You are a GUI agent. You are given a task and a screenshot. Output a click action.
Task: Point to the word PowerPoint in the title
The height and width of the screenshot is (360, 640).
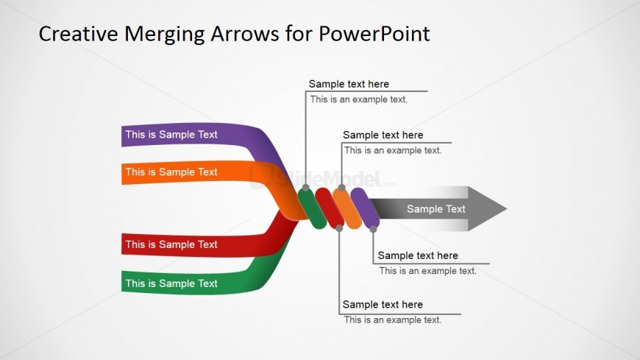[375, 34]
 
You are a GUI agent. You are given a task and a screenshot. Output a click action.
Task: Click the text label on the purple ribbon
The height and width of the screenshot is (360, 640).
[171, 135]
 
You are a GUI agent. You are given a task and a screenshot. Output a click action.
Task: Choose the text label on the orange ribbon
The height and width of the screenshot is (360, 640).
[171, 172]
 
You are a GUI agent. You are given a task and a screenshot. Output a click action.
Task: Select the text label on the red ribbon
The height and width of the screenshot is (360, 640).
[171, 244]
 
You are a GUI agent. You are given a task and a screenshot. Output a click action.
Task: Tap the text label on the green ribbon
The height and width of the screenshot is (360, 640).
[171, 283]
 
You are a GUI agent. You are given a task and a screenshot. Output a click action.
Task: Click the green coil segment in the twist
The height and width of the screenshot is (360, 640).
[312, 208]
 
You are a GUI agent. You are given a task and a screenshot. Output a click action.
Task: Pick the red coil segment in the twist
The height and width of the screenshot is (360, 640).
[329, 208]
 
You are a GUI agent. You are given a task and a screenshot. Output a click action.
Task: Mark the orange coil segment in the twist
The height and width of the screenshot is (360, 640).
[346, 208]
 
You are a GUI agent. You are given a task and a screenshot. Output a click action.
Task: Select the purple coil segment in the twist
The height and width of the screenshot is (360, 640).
[365, 208]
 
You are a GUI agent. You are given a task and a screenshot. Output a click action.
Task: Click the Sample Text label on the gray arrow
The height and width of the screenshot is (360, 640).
[436, 209]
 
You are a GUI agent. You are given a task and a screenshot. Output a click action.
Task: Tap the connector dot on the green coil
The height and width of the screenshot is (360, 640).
[306, 188]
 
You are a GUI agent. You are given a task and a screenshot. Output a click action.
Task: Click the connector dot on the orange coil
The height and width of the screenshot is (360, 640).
[341, 188]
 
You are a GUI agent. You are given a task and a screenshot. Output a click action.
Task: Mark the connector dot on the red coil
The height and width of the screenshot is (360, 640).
[339, 229]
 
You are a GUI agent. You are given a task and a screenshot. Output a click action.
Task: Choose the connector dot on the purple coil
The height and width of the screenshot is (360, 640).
[374, 230]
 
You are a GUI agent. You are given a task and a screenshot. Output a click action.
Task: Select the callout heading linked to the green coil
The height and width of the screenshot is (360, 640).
[349, 84]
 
